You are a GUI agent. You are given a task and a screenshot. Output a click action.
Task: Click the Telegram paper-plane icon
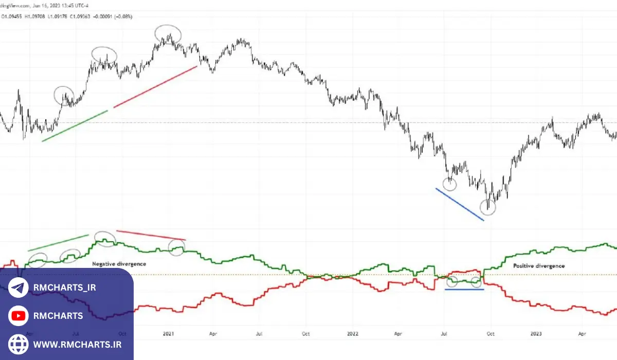pyautogui.click(x=19, y=287)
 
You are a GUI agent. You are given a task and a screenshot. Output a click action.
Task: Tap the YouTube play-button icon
pyautogui.click(x=19, y=316)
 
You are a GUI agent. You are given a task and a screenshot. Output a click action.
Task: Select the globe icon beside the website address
pyautogui.click(x=19, y=344)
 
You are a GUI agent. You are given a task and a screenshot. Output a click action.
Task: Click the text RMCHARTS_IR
pyautogui.click(x=64, y=287)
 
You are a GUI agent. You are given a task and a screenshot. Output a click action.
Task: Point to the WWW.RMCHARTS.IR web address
pyautogui.click(x=77, y=344)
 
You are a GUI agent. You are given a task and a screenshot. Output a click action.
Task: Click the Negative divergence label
pyautogui.click(x=119, y=264)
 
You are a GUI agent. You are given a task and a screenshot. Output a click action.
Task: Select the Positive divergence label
pyautogui.click(x=539, y=266)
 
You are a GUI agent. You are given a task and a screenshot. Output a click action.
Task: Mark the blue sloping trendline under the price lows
pyautogui.click(x=460, y=204)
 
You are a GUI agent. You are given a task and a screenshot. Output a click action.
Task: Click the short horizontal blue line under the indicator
pyautogui.click(x=464, y=290)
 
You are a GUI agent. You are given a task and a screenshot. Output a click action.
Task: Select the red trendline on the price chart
pyautogui.click(x=155, y=86)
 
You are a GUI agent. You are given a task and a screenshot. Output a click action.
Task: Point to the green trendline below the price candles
pyautogui.click(x=75, y=125)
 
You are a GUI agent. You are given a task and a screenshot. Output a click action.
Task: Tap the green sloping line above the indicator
pyautogui.click(x=58, y=243)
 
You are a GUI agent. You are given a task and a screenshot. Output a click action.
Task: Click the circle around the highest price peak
pyautogui.click(x=169, y=34)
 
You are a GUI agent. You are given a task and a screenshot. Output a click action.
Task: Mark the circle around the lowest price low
pyautogui.click(x=488, y=207)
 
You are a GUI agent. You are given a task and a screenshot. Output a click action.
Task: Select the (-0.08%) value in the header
pyautogui.click(x=123, y=16)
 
